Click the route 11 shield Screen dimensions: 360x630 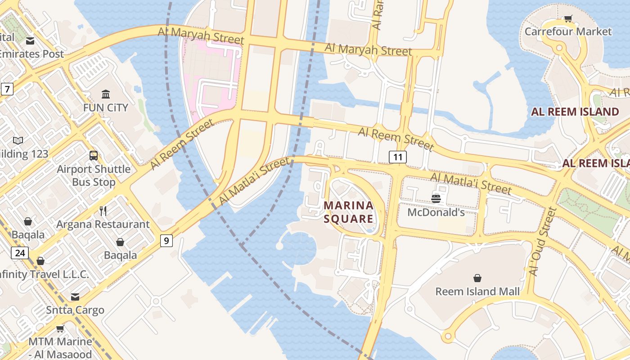coord(397,157)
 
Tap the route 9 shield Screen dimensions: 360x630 coord(166,241)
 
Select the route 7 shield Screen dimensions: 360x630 coord(7,89)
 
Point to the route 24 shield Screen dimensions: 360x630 coord(20,253)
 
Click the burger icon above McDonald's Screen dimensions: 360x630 coord(436,198)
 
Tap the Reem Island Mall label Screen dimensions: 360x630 coord(477,292)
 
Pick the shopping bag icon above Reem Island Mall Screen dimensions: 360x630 coord(477,278)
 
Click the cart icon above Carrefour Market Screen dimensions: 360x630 coord(568,18)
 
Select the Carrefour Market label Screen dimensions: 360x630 coord(568,31)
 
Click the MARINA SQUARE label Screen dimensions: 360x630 coord(349,212)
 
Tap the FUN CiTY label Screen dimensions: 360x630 coord(106,108)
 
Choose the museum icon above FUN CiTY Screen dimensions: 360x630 coord(106,94)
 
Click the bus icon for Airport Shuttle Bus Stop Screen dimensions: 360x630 coord(94,156)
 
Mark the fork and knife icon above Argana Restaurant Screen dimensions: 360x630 coord(103,211)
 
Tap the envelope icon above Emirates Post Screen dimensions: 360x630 coord(30,41)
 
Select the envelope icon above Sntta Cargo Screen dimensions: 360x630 coord(75,297)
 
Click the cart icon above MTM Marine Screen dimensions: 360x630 coord(60,328)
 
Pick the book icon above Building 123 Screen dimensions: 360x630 coord(18,140)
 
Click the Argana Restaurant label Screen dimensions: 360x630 coord(103,224)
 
